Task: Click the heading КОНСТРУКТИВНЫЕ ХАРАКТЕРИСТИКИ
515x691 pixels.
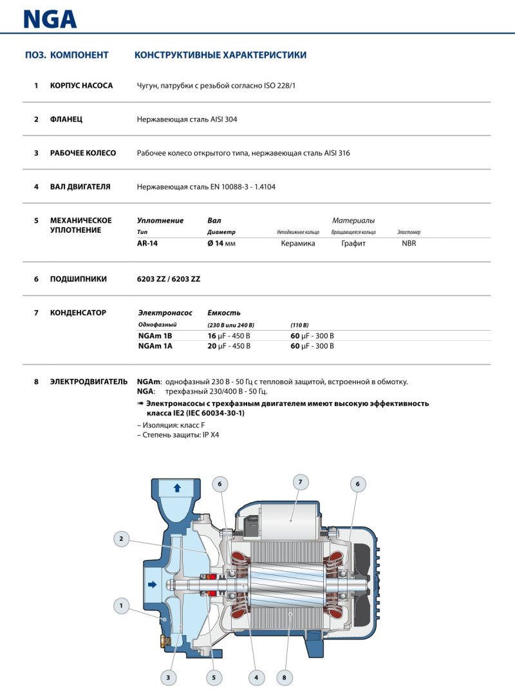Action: click(220, 55)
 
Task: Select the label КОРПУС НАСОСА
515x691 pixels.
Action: click(81, 86)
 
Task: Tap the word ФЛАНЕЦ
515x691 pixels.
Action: click(66, 119)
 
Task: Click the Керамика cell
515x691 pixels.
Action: click(298, 244)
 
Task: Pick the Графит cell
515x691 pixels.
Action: click(353, 244)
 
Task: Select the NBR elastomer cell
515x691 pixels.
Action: click(409, 244)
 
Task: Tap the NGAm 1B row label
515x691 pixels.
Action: click(155, 336)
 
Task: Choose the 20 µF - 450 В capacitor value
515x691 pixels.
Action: click(229, 346)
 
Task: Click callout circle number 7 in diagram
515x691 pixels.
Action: click(299, 482)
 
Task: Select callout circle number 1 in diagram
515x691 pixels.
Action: click(120, 605)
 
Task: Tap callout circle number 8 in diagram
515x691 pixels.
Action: click(284, 677)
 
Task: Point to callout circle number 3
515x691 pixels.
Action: click(168, 677)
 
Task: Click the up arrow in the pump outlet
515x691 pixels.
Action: click(177, 488)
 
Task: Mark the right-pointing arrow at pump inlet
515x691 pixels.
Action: click(153, 585)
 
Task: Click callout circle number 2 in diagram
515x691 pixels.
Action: click(120, 538)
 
